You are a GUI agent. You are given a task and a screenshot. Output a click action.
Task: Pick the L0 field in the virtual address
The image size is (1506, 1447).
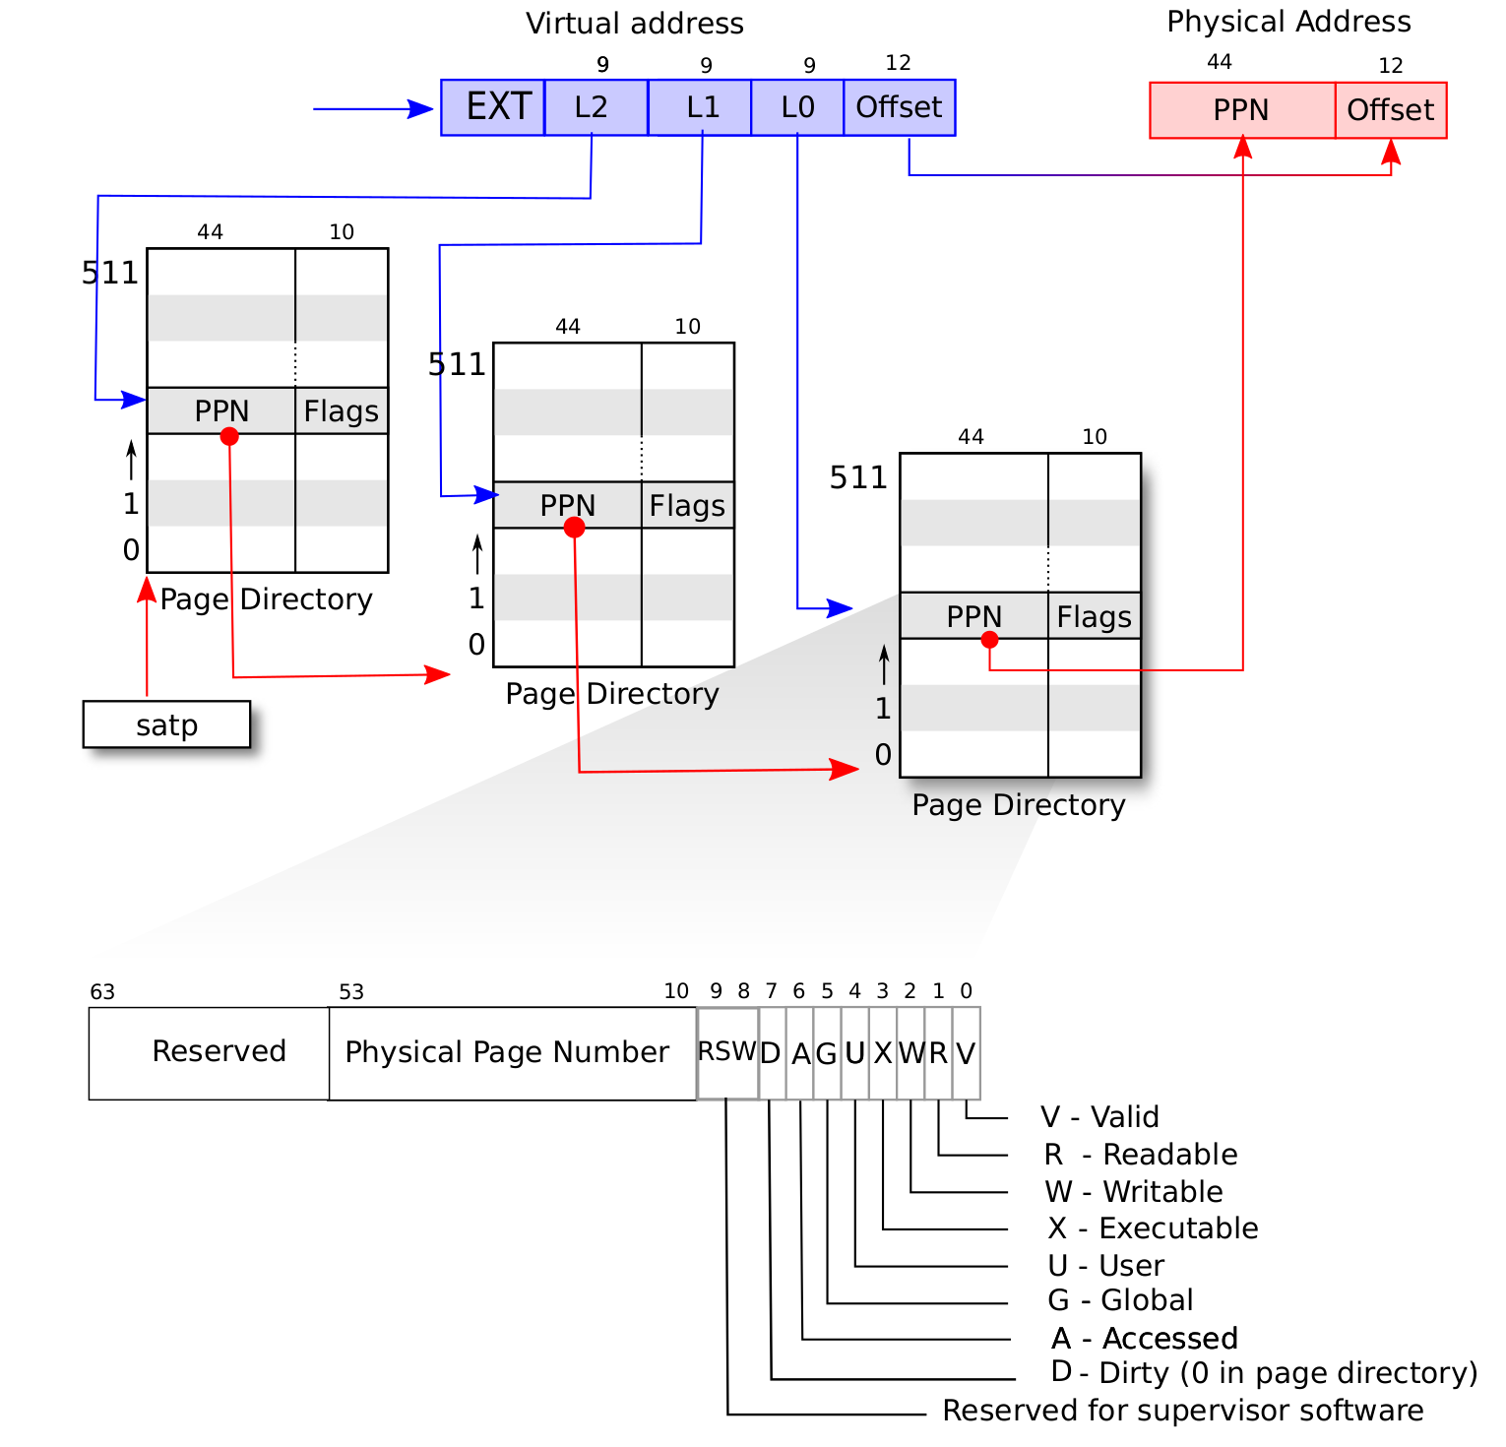(797, 107)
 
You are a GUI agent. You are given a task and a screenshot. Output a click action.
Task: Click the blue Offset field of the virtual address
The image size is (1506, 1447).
(899, 107)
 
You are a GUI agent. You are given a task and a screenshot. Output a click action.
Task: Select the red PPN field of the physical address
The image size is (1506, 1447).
(1241, 110)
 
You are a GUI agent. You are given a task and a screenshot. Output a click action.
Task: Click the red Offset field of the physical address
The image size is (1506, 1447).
(1390, 110)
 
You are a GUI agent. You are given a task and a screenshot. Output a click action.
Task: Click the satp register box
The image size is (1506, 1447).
(166, 724)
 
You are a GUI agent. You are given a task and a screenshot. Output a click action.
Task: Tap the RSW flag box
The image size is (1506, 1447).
(727, 1052)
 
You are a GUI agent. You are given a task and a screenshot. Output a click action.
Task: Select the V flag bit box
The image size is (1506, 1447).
(966, 1053)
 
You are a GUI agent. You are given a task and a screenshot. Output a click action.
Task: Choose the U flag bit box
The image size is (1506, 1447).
(854, 1053)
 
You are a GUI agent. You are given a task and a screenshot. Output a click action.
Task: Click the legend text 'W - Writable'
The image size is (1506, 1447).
(1134, 1192)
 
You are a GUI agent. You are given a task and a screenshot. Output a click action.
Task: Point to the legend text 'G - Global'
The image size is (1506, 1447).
(1120, 1300)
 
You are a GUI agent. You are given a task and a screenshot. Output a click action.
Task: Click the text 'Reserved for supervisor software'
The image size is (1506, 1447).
(1182, 1411)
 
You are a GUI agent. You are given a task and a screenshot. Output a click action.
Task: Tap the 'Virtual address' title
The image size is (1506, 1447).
(635, 24)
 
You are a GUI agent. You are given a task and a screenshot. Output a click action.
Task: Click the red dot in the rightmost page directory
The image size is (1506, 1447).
(989, 640)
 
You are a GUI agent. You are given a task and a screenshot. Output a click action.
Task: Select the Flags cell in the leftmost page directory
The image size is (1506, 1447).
(341, 410)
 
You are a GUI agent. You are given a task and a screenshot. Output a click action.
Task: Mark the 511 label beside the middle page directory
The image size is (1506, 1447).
(457, 365)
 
